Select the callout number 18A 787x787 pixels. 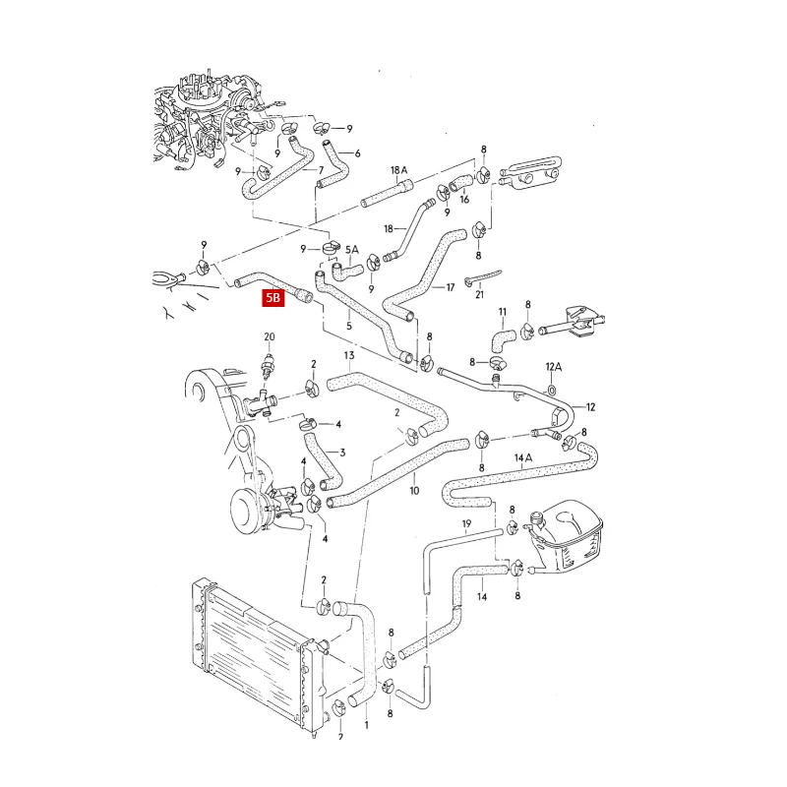pos(399,170)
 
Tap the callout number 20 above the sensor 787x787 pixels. pos(270,337)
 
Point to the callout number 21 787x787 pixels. pos(479,294)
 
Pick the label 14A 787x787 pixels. pos(522,458)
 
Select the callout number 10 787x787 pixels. pos(414,489)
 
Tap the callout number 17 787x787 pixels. pos(450,287)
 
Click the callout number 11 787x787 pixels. pos(503,313)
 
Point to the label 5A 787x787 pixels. pos(352,250)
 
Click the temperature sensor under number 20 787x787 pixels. pos(269,368)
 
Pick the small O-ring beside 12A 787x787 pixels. pos(551,389)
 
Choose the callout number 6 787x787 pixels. pos(357,153)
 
